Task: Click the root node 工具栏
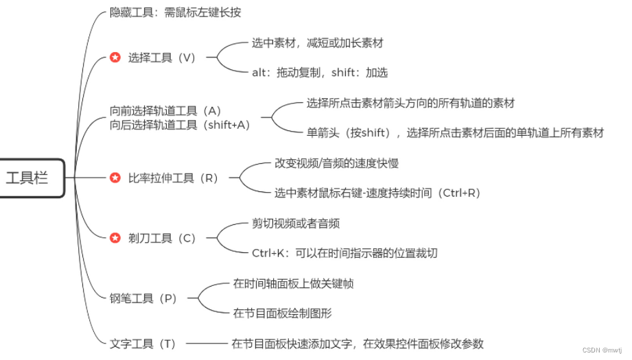27,178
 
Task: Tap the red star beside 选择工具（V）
115,58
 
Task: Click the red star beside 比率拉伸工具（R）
115,178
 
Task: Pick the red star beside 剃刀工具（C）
115,238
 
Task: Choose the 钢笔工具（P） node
143,298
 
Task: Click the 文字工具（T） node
143,344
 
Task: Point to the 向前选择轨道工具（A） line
165,110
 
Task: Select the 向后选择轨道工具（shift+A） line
180,125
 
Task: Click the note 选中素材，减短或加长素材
317,43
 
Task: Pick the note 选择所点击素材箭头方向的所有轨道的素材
410,103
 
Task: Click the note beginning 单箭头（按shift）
455,133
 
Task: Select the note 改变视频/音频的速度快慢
336,163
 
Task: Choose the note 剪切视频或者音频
296,224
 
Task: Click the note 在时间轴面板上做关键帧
293,284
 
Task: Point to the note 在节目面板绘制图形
282,313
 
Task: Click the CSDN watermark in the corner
596,350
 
